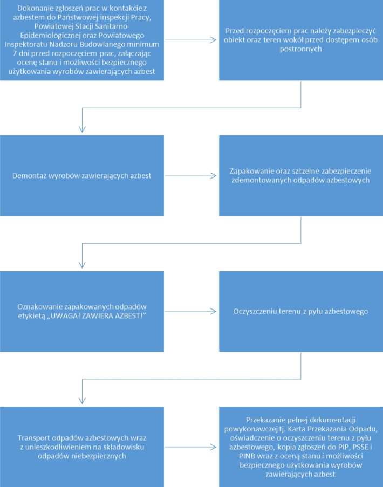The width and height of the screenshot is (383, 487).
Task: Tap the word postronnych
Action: pos(300,49)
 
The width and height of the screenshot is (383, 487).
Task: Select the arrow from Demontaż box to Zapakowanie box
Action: pos(190,176)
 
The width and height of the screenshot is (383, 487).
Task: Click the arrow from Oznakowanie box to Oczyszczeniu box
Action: pos(190,312)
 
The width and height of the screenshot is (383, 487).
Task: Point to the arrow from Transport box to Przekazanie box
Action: pos(190,447)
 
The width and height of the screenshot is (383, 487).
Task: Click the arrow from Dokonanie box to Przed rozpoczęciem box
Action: pos(190,40)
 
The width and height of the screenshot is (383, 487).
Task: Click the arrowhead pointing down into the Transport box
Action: pos(82,401)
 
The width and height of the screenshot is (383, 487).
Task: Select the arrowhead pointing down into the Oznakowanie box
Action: pos(82,265)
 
